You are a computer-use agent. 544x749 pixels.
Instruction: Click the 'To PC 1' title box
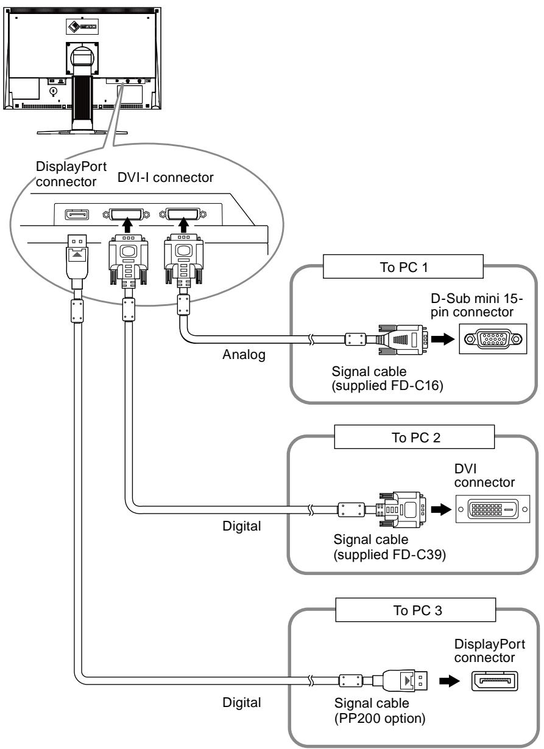tap(403, 267)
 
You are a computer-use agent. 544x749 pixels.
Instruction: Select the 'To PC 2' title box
tap(414, 437)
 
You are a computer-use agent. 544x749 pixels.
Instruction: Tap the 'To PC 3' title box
tap(415, 610)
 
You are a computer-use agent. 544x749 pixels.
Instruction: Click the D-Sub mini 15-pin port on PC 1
tap(493, 339)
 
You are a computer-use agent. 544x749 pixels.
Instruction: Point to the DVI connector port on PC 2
tap(493, 509)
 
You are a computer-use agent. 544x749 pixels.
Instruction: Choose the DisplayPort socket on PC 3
tap(495, 681)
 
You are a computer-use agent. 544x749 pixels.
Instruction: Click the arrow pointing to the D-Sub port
tap(442, 339)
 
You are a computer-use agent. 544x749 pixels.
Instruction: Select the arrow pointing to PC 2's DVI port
tap(441, 509)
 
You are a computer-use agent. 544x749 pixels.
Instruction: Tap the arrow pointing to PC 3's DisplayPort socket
tap(449, 681)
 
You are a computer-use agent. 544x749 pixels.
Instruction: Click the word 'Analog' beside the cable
tap(244, 355)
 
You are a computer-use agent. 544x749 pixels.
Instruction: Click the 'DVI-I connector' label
tap(165, 178)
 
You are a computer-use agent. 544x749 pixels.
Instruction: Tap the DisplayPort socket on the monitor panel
tap(77, 215)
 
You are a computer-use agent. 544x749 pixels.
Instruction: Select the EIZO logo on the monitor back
tap(82, 26)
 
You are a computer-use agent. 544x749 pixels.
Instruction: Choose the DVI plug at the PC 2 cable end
tap(401, 510)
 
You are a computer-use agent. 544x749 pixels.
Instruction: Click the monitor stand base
tap(82, 131)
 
